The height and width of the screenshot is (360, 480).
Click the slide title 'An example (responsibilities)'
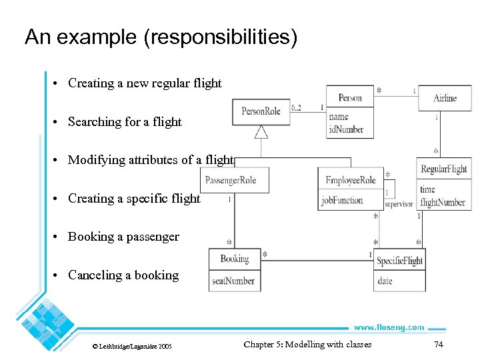click(161, 37)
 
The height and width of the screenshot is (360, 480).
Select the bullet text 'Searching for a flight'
click(125, 122)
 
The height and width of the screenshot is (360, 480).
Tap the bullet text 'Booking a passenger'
click(123, 237)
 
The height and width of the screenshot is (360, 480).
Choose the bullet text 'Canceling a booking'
click(123, 275)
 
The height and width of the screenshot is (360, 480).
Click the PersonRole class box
click(261, 111)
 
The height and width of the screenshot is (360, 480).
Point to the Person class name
click(350, 98)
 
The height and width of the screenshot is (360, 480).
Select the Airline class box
click(444, 98)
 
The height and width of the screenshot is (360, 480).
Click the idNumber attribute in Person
click(346, 129)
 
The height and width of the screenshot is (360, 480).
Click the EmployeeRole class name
click(351, 180)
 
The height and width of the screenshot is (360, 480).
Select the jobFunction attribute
click(342, 200)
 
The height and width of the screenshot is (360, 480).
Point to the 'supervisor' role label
click(399, 205)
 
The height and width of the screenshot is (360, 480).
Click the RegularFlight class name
click(444, 169)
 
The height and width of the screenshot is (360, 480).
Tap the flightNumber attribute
click(443, 202)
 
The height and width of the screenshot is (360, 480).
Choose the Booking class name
click(234, 259)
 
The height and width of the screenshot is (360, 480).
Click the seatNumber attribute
click(233, 281)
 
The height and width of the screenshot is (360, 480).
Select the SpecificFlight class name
click(399, 261)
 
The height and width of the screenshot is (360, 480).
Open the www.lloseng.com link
click(389, 327)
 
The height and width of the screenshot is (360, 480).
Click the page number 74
click(438, 345)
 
